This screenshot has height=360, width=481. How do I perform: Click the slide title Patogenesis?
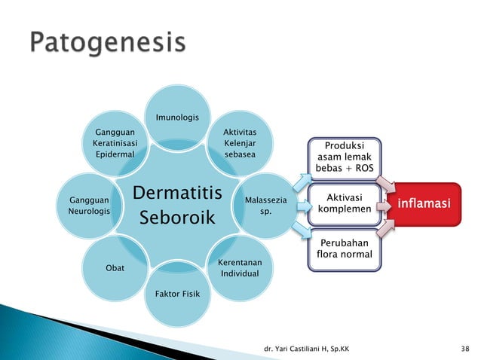tap(107, 44)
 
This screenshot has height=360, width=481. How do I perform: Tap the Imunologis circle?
tap(177, 118)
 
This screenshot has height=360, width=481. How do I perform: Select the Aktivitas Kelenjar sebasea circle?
tap(240, 143)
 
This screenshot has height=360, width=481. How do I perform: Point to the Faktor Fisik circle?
tap(177, 293)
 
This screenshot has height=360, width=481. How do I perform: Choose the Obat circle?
tap(115, 267)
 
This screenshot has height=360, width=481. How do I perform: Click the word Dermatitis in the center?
tap(177, 192)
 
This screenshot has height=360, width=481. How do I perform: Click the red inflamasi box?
tap(425, 203)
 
